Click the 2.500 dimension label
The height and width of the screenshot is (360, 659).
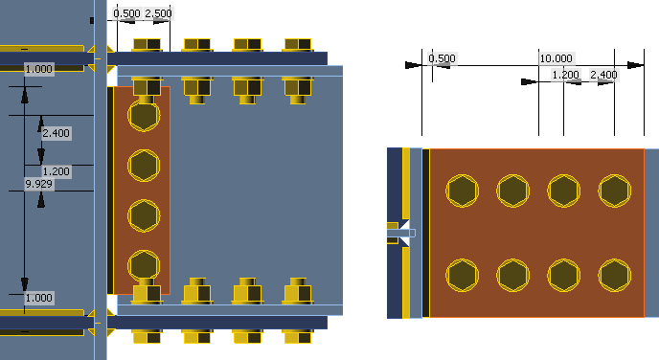point(158,13)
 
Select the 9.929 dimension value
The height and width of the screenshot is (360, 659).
point(38,184)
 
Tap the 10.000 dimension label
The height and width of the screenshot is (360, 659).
point(556,58)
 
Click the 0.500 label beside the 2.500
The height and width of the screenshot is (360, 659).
point(127,13)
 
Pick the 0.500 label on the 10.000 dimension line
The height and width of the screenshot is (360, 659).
point(442,58)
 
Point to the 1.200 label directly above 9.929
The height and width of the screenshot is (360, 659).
point(56,171)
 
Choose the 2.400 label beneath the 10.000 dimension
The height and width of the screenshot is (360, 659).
point(603,75)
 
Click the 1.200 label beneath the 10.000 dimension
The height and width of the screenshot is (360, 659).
point(566,75)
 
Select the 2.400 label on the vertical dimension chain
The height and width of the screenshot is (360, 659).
point(56,133)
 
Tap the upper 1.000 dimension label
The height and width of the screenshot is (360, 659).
point(38,69)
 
